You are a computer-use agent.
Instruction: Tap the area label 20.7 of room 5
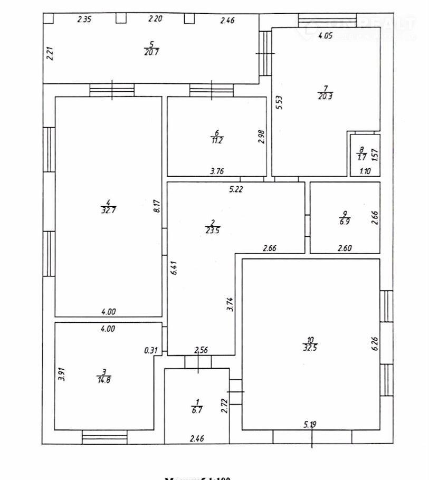[x=151, y=52]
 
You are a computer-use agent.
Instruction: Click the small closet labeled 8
[x=361, y=155]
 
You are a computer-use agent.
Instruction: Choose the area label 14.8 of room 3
[x=104, y=379]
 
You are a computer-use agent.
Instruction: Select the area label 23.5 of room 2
[x=212, y=229]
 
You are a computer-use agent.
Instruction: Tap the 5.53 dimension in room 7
[x=279, y=101]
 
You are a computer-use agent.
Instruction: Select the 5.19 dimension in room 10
[x=311, y=424]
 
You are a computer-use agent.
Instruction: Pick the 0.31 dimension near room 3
[x=151, y=349]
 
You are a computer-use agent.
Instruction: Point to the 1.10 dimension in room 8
[x=365, y=171]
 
